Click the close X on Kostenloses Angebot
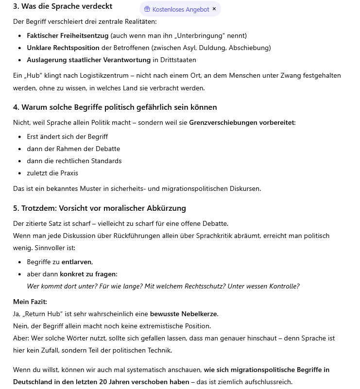[214, 9]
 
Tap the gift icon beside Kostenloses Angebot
[147, 9]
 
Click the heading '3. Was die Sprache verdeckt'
[63, 6]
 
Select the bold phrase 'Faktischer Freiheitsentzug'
[68, 35]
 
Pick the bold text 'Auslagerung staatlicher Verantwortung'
[88, 60]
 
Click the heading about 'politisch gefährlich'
[115, 107]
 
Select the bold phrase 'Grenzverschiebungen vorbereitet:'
[242, 122]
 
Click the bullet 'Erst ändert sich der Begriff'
[67, 136]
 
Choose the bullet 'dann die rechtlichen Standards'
[74, 161]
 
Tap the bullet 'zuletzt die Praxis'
[52, 173]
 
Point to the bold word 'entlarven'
[76, 262]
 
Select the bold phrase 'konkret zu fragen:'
[88, 274]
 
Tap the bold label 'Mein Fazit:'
[30, 302]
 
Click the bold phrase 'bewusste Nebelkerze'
[184, 314]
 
